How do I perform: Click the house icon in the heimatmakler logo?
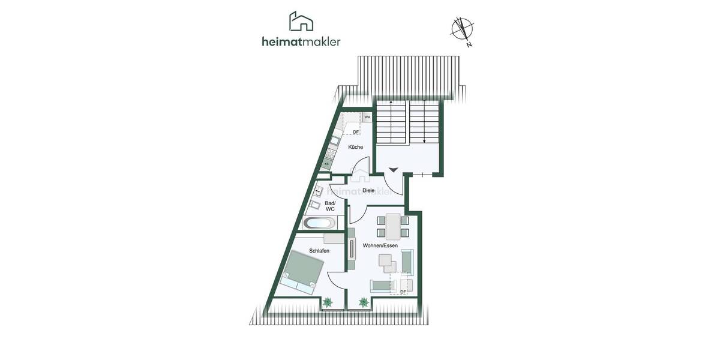pyautogui.click(x=301, y=22)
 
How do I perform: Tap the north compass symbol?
pyautogui.click(x=462, y=29)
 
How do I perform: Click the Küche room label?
pyautogui.click(x=355, y=147)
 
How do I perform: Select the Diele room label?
pyautogui.click(x=368, y=190)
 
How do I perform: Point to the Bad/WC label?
pyautogui.click(x=330, y=206)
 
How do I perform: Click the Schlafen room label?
pyautogui.click(x=319, y=251)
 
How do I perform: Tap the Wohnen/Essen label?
pyautogui.click(x=380, y=245)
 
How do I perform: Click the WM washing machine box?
pyautogui.click(x=367, y=118)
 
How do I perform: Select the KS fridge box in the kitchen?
pyautogui.click(x=327, y=163)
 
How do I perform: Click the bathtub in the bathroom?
pyautogui.click(x=319, y=223)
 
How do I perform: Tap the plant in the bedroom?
pyautogui.click(x=328, y=303)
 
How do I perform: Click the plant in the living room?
pyautogui.click(x=364, y=303)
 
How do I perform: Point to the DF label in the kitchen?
pyautogui.click(x=355, y=133)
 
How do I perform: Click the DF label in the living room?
pyautogui.click(x=403, y=292)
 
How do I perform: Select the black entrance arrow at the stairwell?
pyautogui.click(x=392, y=170)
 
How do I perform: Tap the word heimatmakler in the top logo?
pyautogui.click(x=301, y=41)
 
